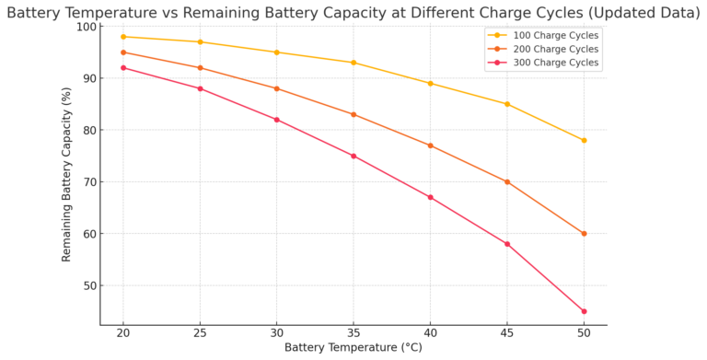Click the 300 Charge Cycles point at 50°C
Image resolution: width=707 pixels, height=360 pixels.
[584, 311]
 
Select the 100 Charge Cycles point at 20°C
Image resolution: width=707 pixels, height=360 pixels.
[123, 37]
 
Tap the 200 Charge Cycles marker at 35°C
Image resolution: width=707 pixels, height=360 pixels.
[353, 114]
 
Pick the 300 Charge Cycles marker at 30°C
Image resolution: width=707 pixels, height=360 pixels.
[277, 120]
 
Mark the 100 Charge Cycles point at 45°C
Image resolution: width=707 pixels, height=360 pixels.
[507, 104]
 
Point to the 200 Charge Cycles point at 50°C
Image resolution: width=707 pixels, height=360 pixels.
[584, 234]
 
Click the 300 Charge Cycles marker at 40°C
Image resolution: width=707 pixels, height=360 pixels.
[430, 197]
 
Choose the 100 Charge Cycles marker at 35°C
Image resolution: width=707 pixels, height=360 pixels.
[353, 63]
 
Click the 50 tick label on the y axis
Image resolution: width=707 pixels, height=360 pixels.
[88, 285]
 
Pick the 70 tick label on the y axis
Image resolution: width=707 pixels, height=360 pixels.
[88, 182]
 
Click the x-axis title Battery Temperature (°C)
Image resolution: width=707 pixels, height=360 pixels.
[353, 348]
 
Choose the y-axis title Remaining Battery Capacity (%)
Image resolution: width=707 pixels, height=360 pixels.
[67, 175]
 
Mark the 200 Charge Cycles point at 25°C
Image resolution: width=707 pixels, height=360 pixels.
[200, 68]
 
